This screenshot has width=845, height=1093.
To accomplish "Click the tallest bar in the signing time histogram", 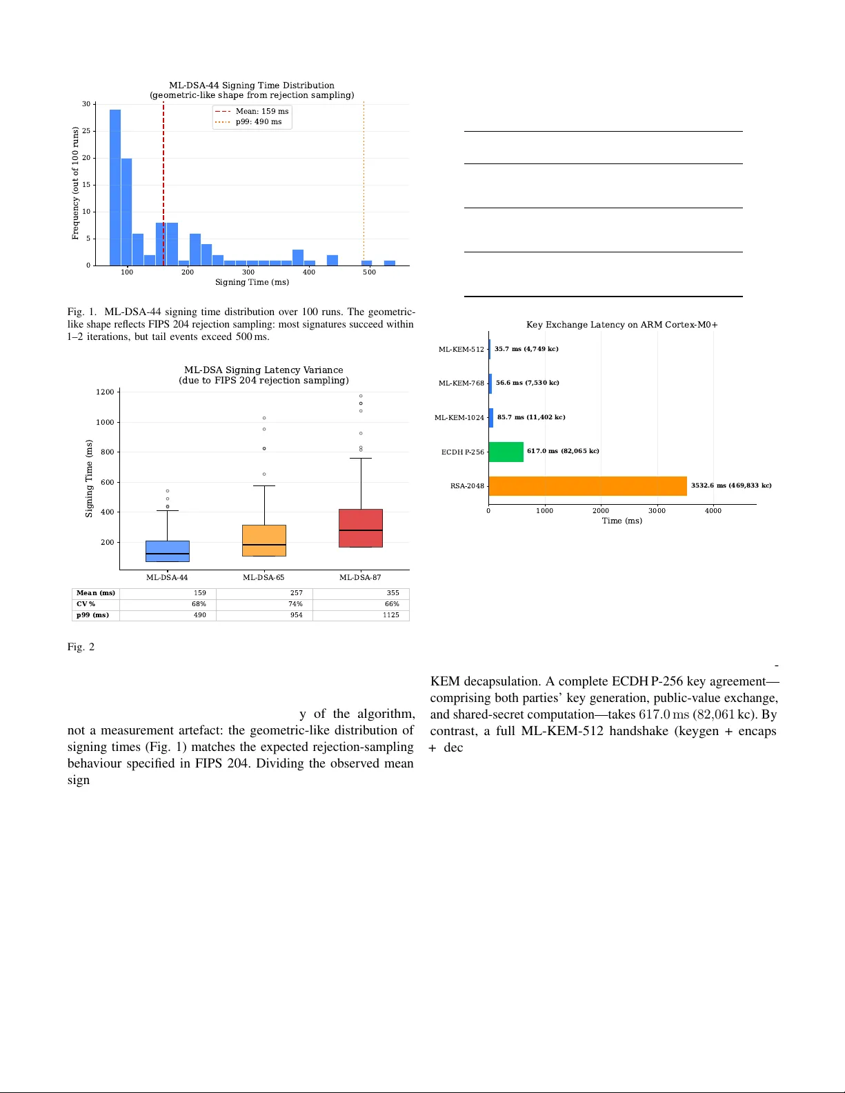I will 115,188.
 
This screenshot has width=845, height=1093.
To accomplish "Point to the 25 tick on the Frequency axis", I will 86,131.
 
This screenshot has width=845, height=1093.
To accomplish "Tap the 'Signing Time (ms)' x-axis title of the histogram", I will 252,282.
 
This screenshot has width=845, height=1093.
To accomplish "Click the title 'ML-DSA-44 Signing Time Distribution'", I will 252,86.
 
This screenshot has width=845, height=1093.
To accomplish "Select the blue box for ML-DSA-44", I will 168,551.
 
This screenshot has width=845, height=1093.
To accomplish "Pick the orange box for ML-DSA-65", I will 264,540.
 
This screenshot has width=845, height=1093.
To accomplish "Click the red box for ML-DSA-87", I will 361,528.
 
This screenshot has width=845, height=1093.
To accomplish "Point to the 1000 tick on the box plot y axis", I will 105,422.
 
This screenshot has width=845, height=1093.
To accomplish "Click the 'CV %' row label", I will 86,604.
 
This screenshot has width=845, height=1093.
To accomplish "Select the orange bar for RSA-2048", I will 587,485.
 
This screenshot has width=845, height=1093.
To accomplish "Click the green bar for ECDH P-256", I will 506,452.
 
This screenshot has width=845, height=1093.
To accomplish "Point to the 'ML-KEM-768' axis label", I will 461,383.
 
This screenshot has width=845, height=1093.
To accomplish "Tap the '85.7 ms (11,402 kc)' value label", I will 531,417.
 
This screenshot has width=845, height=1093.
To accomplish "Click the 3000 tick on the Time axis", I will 657,510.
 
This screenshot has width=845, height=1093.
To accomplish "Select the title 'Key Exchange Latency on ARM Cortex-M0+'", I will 622,325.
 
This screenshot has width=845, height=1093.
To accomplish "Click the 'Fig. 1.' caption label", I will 82,312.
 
